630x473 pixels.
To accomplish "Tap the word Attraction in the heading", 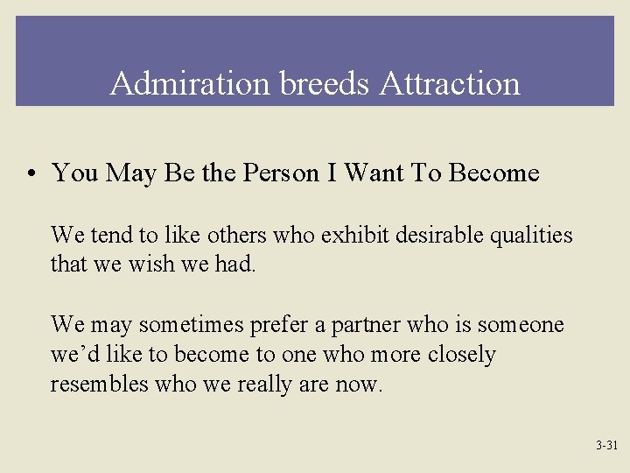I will pos(450,84).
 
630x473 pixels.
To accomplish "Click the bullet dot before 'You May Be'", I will pos(31,173).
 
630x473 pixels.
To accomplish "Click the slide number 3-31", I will pos(606,446).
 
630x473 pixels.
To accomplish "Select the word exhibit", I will pos(353,236).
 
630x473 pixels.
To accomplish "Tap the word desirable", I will pos(436,236).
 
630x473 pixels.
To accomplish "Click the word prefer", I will pos(279,326).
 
